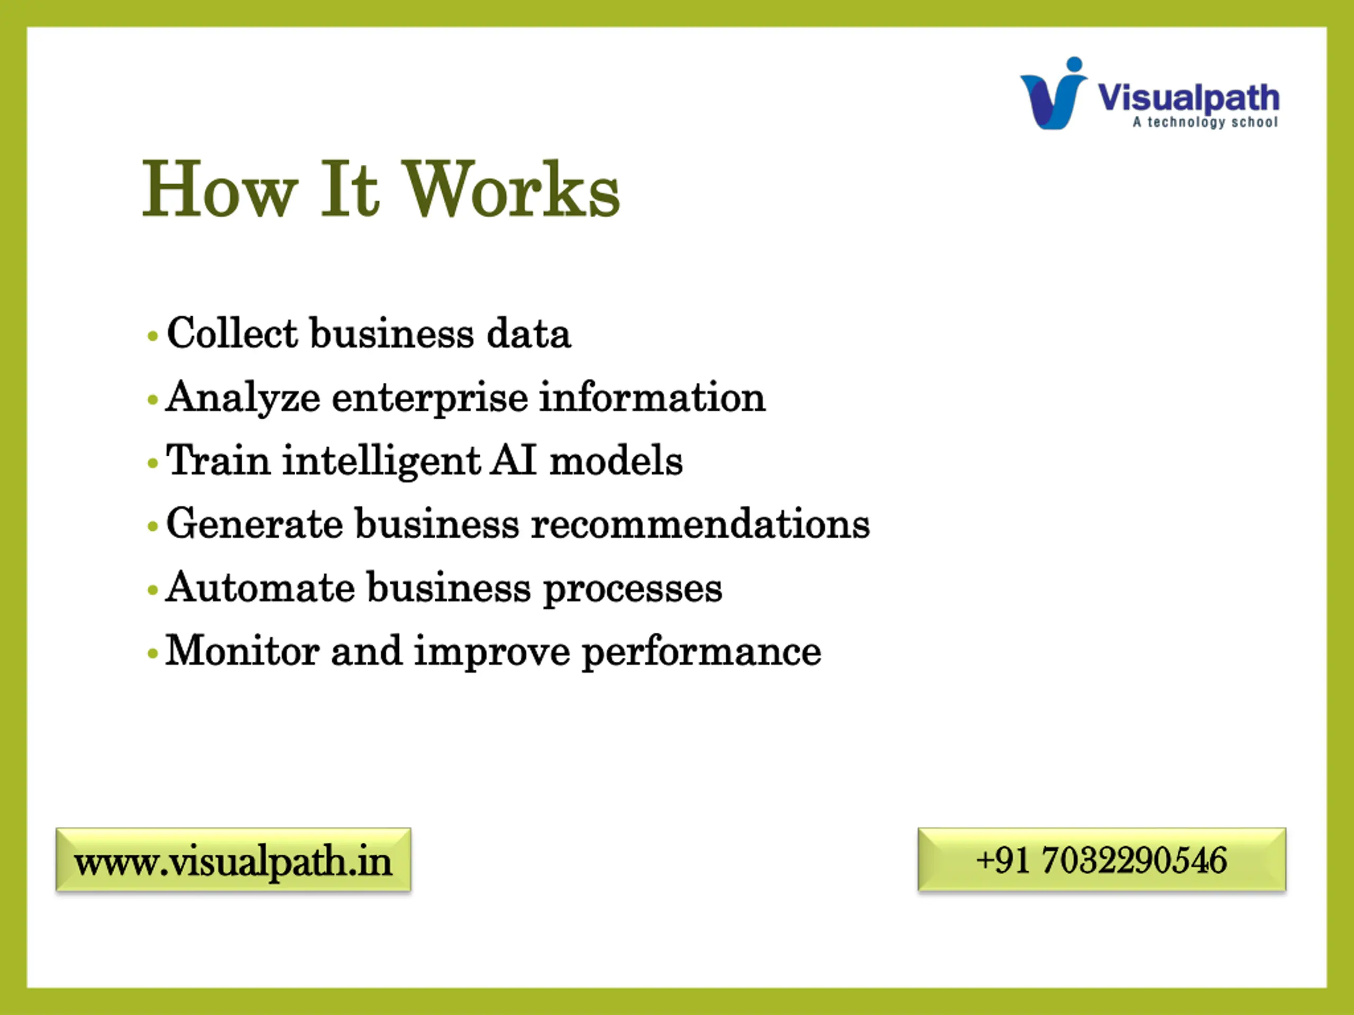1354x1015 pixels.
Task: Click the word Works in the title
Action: click(512, 189)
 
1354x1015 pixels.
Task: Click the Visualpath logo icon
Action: click(1054, 93)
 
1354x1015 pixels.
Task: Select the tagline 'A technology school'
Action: click(1205, 122)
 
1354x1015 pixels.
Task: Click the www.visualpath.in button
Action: click(233, 860)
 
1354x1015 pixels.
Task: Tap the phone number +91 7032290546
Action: click(1102, 860)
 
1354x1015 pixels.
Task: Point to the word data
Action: click(528, 334)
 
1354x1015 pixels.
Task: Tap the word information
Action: click(652, 397)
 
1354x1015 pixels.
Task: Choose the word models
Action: click(616, 460)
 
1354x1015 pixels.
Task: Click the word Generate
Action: click(254, 524)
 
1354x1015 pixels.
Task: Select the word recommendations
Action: click(700, 524)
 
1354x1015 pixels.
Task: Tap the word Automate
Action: click(260, 588)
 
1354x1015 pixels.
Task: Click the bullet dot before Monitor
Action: click(153, 654)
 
